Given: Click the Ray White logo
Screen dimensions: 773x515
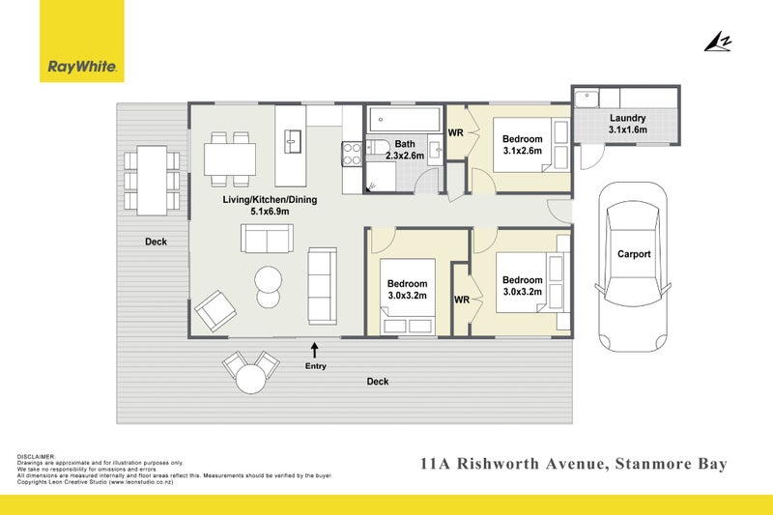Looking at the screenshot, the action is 82,41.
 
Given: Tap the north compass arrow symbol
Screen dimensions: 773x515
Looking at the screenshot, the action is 718,42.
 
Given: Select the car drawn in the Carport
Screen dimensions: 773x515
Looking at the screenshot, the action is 633,267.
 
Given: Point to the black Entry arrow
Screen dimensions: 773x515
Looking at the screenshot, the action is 315,351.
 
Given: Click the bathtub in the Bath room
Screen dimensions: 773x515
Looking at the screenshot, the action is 405,119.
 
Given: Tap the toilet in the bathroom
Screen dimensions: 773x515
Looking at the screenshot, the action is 378,147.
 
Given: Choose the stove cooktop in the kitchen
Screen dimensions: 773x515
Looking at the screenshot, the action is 352,154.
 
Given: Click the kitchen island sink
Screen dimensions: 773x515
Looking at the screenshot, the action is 293,141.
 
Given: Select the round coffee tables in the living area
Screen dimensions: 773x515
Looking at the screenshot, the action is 269,287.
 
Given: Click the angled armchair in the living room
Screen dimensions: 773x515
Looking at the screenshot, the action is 215,310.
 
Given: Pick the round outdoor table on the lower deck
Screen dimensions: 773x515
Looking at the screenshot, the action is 251,379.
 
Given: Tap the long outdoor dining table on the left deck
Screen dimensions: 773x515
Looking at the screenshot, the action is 152,181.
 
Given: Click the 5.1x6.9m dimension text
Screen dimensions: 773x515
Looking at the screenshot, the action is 270,212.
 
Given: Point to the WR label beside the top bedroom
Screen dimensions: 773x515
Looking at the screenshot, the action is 455,132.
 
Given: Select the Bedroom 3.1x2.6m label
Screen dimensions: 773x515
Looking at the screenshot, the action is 523,145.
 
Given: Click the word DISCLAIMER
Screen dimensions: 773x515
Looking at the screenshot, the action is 36,457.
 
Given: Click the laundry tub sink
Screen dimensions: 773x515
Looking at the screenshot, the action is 587,100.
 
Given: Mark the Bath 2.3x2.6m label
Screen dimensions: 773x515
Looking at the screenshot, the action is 405,150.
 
